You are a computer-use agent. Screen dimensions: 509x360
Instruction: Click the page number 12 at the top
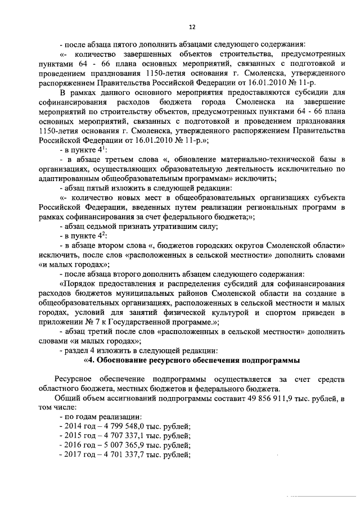point(191,26)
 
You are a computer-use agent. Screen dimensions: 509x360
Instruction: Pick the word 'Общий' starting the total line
point(72,399)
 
